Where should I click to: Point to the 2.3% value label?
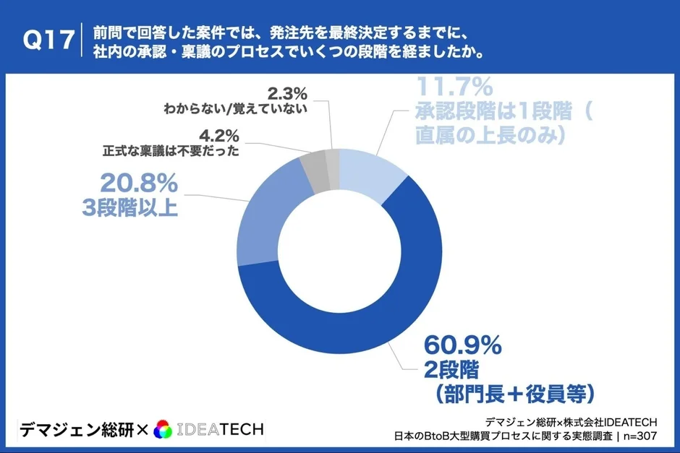287,92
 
